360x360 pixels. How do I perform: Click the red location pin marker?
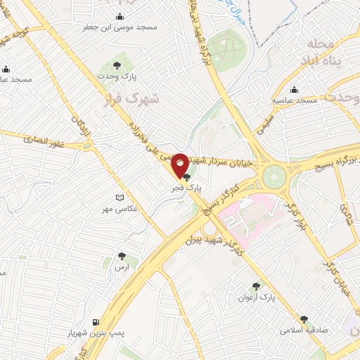[180, 165]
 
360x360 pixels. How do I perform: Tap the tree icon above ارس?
[122, 257]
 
